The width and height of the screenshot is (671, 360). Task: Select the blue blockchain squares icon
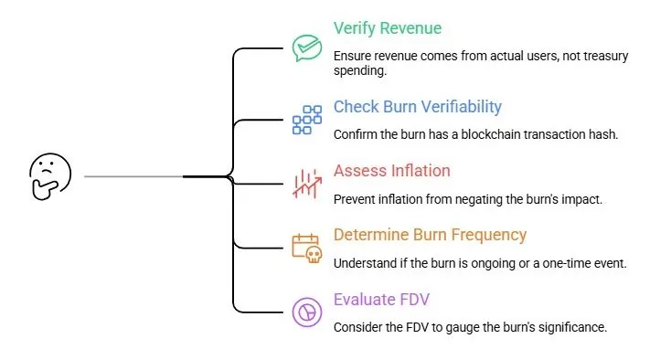point(307,120)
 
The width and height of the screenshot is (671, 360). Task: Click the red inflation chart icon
point(306,184)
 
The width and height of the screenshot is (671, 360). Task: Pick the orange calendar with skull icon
point(307,248)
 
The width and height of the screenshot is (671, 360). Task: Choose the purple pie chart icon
point(307,312)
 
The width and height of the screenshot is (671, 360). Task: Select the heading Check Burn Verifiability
point(418,107)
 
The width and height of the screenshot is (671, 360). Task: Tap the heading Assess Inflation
point(391,171)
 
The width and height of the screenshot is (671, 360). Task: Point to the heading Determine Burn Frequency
point(430,235)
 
